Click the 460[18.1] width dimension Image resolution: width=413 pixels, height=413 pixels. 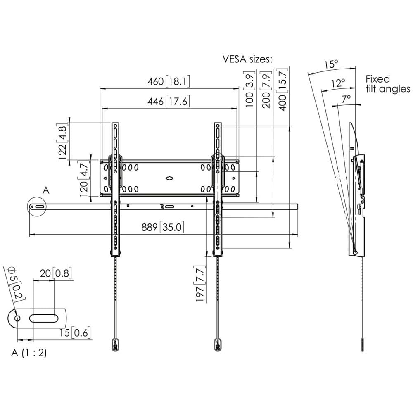169,81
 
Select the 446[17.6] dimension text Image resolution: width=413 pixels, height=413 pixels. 169,102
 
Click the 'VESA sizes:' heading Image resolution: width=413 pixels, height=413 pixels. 247,59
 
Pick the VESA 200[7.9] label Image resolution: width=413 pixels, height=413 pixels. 267,89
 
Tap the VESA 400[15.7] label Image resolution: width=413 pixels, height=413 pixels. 283,89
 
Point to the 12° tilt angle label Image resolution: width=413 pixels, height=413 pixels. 337,83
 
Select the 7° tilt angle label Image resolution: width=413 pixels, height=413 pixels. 346,98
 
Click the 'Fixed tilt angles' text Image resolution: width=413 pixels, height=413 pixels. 387,84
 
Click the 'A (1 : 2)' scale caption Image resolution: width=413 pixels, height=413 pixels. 29,354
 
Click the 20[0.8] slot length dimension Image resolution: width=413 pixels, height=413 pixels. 55,273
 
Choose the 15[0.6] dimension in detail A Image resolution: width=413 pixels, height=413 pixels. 75,332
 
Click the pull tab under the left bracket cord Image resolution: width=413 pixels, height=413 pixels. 115,344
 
